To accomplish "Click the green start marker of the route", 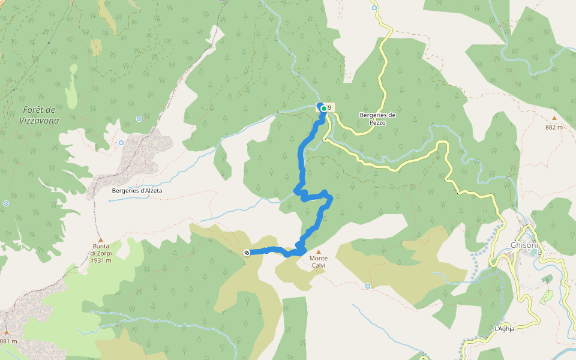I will [324, 109].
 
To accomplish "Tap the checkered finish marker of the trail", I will [247, 253].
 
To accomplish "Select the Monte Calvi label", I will [319, 262].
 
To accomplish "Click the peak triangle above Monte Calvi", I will [319, 252].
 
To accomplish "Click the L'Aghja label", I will [506, 329].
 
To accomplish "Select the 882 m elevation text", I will [554, 127].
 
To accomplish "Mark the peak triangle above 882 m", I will [554, 119].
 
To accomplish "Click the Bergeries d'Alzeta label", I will [137, 191].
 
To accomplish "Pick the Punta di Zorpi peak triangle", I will [100, 239].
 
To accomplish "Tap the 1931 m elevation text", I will [101, 260].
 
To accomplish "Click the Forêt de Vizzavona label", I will [38, 115].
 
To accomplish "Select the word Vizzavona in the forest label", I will [38, 120].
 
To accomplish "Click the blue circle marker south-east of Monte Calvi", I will [368, 286].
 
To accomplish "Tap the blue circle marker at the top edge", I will [374, 8].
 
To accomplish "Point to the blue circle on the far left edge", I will [6, 203].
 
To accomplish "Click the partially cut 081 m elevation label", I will [8, 341].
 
